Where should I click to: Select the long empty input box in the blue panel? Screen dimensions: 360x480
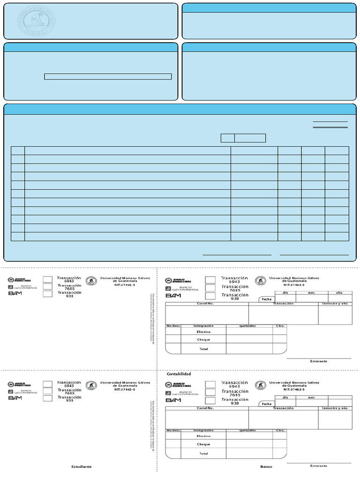point(108,77)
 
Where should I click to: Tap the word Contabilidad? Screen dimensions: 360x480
point(179,374)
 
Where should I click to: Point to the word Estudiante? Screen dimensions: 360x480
point(82,467)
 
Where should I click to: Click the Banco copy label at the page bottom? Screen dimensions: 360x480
point(266,467)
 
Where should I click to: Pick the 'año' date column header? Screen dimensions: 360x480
point(339,292)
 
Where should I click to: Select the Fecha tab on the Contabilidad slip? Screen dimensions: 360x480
point(267,299)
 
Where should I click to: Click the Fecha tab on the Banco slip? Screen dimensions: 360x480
point(267,404)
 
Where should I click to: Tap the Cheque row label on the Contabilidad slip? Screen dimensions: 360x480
point(203,340)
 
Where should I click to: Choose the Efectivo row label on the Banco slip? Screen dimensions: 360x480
point(203,436)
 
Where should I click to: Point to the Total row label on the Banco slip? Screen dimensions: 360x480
point(203,453)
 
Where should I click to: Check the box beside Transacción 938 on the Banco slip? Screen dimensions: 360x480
point(210,401)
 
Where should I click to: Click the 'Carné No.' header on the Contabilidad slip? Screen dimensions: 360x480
point(206,303)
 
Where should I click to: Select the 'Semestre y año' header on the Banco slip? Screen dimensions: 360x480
point(335,408)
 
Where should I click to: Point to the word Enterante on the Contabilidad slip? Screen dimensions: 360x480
point(319,361)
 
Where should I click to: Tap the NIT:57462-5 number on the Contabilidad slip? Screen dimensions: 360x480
point(294,285)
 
